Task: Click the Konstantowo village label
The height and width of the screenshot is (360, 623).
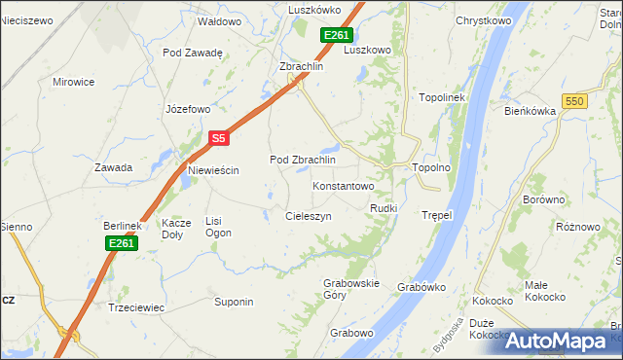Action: coord(343,185)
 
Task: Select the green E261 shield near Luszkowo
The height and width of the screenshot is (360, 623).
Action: coord(336,36)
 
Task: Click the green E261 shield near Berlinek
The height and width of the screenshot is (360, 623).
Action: coord(121,243)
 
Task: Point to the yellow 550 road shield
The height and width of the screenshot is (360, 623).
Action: coord(575,101)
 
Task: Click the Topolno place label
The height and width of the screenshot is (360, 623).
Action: coord(431,167)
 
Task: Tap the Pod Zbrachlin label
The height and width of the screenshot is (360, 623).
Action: coord(302,160)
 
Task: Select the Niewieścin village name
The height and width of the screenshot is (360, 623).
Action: coord(213,170)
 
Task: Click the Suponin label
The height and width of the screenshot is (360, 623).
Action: coord(234,302)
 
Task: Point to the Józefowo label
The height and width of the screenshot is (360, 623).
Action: coord(188,109)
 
